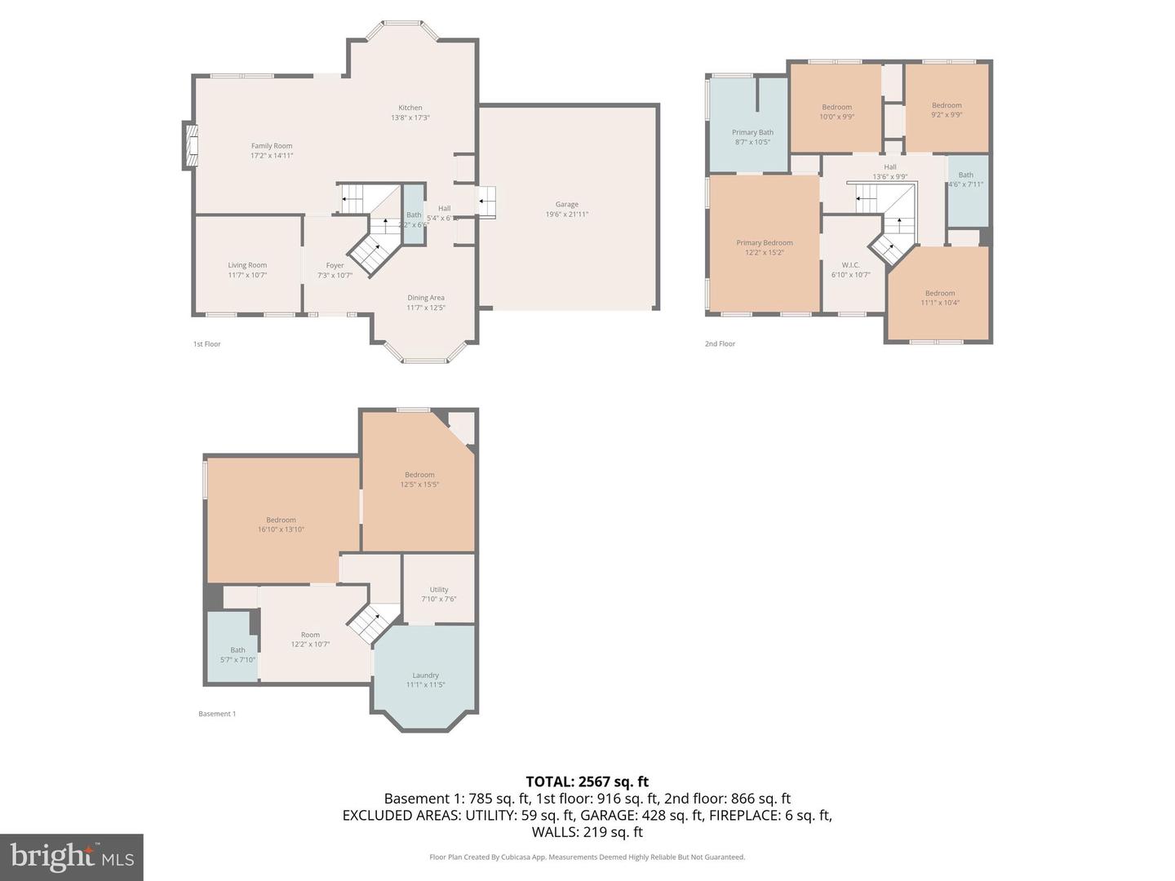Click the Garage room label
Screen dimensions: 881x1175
point(567,205)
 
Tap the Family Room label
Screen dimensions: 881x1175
point(272,146)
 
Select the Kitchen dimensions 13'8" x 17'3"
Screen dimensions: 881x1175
point(410,117)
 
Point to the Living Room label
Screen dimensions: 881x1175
point(247,265)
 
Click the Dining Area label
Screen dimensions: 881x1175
point(426,298)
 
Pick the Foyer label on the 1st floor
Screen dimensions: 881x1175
point(335,265)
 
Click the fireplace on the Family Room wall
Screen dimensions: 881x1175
point(190,146)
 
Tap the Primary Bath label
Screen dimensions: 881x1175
point(752,132)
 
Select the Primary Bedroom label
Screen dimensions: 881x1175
point(765,242)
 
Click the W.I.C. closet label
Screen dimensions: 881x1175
point(850,265)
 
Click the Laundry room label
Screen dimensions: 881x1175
point(426,675)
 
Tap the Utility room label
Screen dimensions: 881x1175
point(439,589)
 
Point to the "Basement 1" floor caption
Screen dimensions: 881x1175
point(217,714)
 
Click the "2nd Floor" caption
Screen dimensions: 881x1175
point(720,343)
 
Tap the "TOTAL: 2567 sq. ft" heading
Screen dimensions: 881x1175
point(587,781)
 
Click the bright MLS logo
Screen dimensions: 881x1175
point(72,857)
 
